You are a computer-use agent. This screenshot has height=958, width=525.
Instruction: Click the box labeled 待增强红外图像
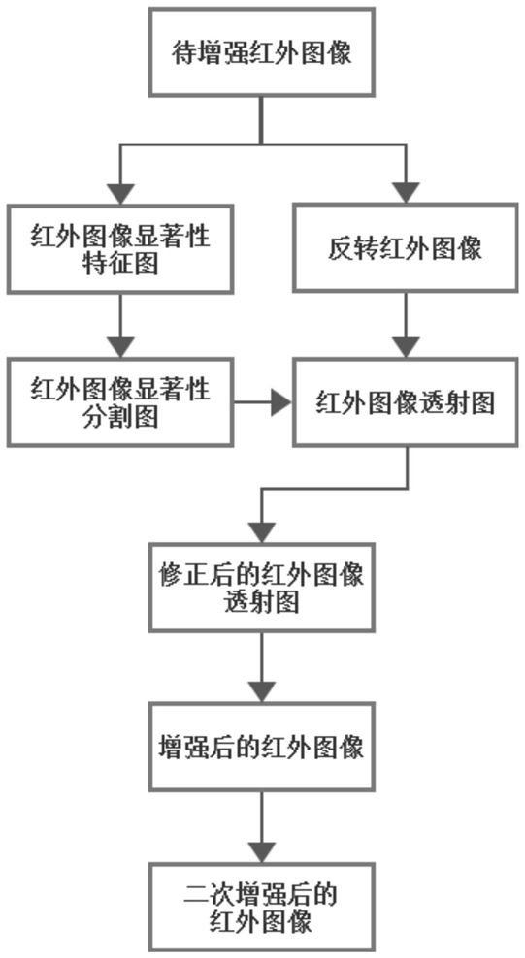pos(262,52)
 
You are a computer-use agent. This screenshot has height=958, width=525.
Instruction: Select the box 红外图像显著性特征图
pos(119,248)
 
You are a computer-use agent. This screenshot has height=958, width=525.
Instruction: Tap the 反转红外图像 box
pos(406,247)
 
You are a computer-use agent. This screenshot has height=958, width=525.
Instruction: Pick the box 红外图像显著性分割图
pos(119,402)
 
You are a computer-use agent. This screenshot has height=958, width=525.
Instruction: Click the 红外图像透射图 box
pos(406,402)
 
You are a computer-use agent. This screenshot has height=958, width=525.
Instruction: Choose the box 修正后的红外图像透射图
pos(262,588)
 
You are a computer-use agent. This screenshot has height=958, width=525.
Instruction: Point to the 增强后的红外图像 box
pos(262,747)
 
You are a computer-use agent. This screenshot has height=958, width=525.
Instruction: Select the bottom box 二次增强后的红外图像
pos(262,907)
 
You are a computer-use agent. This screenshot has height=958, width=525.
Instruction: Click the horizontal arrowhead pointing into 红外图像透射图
pos(281,402)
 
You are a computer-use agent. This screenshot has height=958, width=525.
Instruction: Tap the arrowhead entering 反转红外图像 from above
pos(406,192)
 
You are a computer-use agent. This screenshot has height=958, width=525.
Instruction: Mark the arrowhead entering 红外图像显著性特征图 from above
pos(120,193)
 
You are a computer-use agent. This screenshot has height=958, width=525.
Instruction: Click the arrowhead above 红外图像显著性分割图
pos(120,347)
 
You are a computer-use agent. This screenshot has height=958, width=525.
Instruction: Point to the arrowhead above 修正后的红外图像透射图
pos(262,532)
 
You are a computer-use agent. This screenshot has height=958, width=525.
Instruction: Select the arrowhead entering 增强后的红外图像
pos(262,691)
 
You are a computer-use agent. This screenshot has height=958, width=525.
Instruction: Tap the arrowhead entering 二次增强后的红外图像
pos(262,851)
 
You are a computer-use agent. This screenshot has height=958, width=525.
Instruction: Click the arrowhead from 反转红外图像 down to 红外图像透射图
pos(406,347)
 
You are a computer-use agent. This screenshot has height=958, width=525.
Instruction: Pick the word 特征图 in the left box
pos(120,264)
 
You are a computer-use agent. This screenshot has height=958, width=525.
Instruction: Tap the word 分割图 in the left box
pos(120,417)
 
